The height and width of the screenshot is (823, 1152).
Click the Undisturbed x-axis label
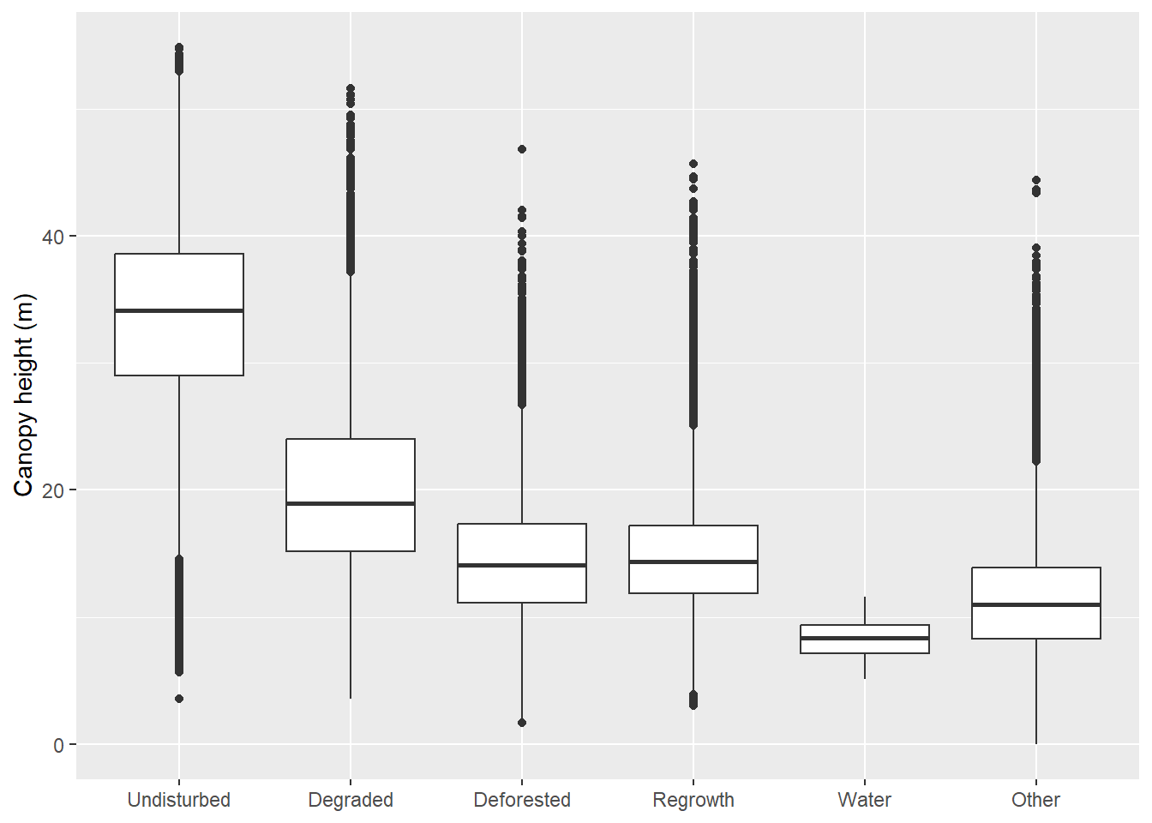click(178, 800)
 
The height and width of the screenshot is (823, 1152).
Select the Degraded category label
click(350, 800)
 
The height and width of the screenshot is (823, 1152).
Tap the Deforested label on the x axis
click(521, 800)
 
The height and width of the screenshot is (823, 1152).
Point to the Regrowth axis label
click(693, 800)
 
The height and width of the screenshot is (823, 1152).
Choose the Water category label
click(864, 800)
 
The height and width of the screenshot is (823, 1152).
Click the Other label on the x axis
click(1035, 800)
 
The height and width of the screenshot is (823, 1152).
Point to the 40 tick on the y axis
click(53, 237)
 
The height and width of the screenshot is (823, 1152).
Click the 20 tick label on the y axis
click(53, 490)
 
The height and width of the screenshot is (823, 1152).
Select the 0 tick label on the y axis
click(58, 745)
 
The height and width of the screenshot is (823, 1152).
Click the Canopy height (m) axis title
click(23, 395)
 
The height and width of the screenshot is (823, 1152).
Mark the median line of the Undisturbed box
click(178, 310)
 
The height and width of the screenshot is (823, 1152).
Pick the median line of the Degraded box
click(350, 503)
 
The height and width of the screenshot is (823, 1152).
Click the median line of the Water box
click(864, 638)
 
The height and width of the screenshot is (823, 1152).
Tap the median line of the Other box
click(1035, 605)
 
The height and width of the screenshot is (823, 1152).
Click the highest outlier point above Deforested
click(522, 149)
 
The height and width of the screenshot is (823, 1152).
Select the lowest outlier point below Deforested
click(522, 723)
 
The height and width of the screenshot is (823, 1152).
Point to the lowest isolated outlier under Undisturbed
click(179, 699)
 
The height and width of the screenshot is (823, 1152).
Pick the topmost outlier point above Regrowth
click(693, 164)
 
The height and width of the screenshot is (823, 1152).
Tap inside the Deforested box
click(521, 545)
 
